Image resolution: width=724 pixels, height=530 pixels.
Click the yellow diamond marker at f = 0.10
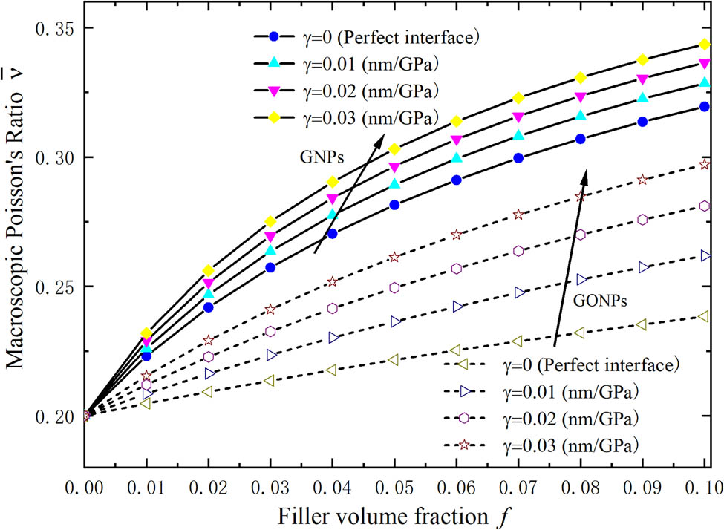click(x=704, y=45)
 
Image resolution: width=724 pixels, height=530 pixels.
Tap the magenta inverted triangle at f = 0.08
click(x=581, y=97)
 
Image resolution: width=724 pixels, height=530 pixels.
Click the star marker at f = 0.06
click(x=457, y=235)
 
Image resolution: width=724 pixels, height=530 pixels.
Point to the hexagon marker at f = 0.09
click(x=642, y=220)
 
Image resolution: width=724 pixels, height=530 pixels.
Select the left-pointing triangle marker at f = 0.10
click(x=704, y=316)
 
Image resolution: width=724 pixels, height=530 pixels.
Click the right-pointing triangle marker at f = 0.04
click(x=333, y=337)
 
